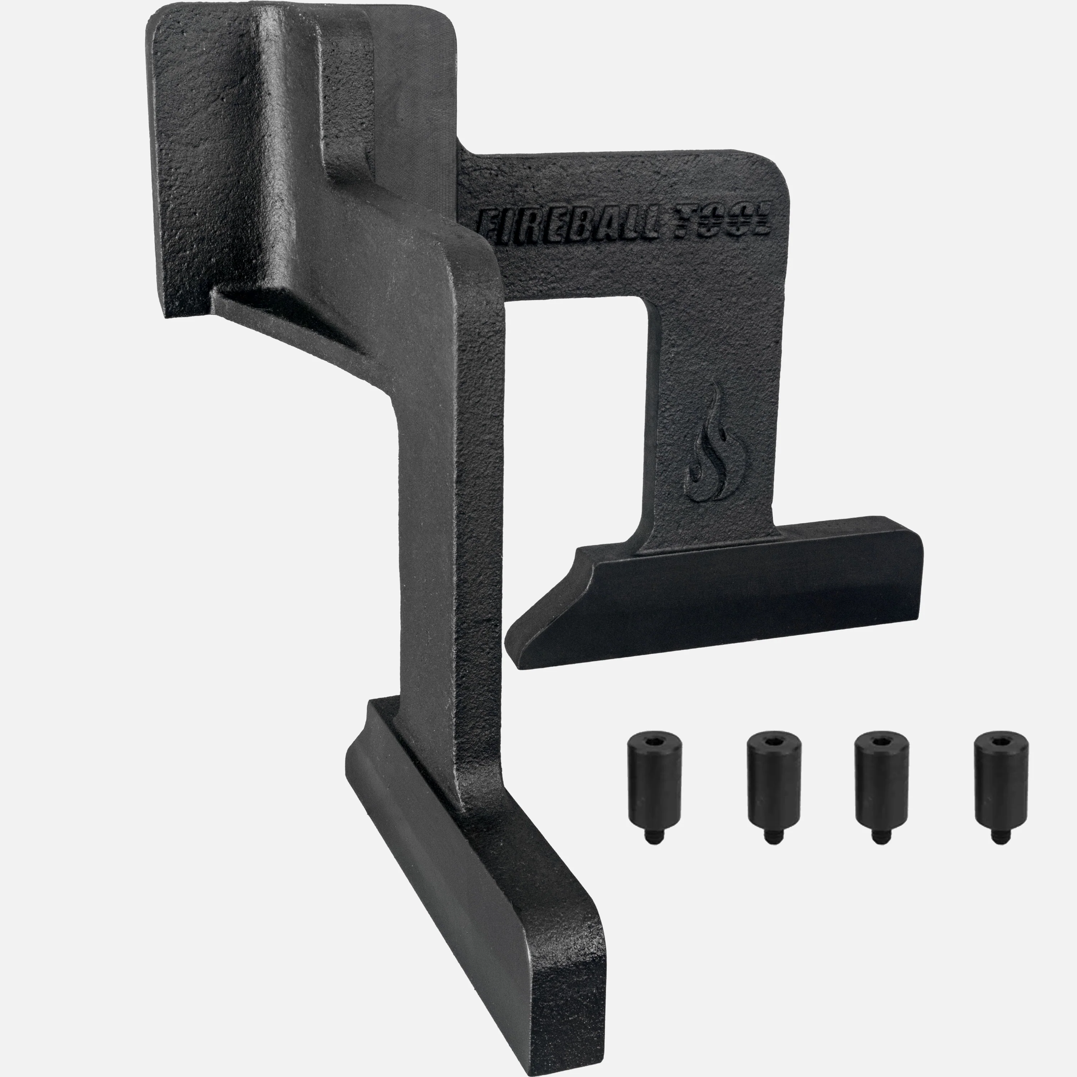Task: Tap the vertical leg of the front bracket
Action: (x=440, y=558)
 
